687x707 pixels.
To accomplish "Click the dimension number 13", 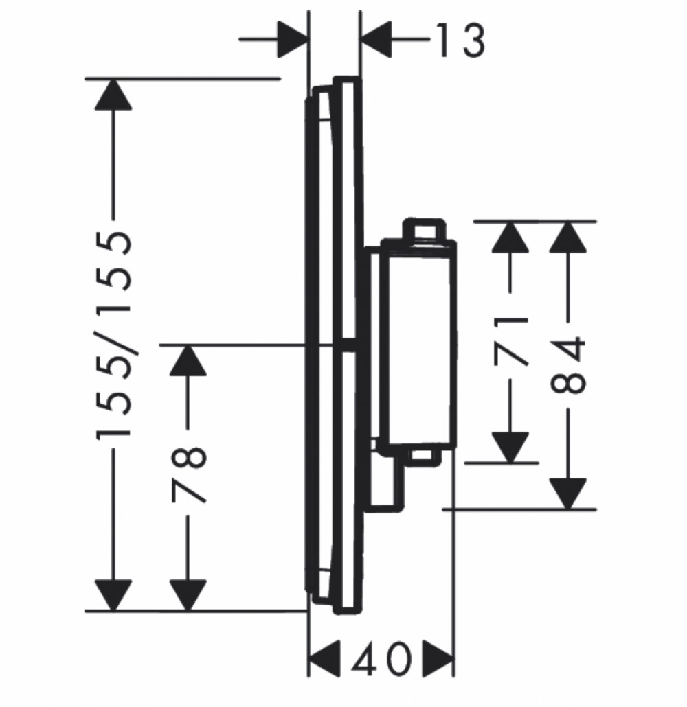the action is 460,40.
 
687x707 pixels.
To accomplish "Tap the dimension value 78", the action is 189,474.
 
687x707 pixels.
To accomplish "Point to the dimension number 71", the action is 510,341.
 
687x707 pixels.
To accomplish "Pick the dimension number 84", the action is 568,364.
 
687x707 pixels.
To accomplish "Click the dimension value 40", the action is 381,660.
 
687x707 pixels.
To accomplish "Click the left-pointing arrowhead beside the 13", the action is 376,40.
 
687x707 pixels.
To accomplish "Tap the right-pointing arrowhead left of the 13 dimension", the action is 293,40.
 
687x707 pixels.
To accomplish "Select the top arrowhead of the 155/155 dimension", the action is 113,94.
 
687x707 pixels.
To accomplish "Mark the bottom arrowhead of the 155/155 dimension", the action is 113,595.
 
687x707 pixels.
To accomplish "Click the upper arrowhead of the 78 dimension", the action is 188,360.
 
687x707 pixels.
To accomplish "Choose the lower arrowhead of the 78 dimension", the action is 188,595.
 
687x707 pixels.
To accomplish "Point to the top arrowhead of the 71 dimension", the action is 510,237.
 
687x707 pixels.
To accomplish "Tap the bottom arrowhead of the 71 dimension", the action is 510,448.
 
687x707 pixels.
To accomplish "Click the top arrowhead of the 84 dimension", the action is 568,237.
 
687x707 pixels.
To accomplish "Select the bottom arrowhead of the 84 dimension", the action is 568,494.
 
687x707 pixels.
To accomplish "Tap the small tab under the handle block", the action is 424,457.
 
